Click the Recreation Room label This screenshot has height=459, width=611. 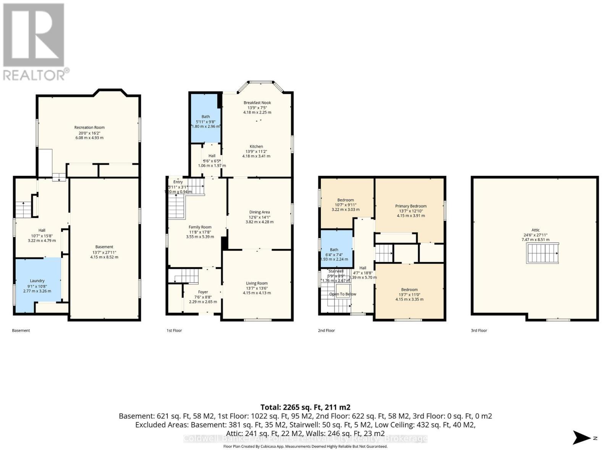pos(89,127)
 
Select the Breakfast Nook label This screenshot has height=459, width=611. pos(257,103)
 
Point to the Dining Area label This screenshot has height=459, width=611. pos(259,212)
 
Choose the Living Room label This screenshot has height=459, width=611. pos(257,283)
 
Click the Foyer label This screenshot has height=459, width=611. pos(203,292)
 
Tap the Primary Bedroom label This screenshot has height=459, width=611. pos(411,206)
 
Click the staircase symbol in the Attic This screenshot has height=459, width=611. pos(543,253)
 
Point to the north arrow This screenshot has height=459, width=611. pos(582,438)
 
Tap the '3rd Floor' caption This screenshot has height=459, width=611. pos(479,330)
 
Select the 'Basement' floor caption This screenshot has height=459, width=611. pos(21,330)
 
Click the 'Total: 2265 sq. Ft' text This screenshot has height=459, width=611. pos(305,407)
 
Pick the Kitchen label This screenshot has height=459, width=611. pos(256,146)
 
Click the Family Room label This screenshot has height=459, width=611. pos(200,227)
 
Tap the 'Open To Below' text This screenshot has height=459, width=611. pos(343,294)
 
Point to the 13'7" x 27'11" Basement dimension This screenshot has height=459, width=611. pos(104,252)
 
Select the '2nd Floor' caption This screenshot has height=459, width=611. pos(326,330)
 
